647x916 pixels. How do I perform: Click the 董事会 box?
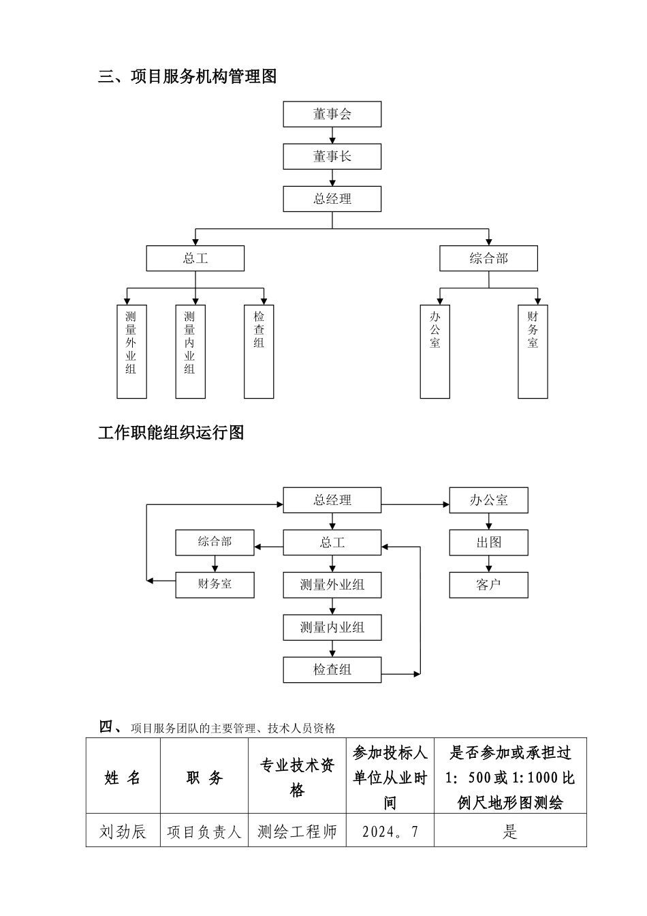[x=332, y=114]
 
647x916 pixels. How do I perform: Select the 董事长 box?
[x=332, y=157]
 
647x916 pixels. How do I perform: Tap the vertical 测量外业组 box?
[x=131, y=351]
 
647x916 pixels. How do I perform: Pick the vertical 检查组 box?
[x=259, y=351]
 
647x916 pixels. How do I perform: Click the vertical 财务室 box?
[x=533, y=351]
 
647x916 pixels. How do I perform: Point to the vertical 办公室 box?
[x=435, y=351]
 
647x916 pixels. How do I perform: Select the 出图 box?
[x=488, y=543]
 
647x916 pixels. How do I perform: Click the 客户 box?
[x=488, y=585]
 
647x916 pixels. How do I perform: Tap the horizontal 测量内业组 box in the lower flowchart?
[x=332, y=627]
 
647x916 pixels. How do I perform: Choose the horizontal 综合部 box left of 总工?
[x=215, y=542]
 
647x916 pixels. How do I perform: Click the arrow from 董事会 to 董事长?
[x=332, y=136]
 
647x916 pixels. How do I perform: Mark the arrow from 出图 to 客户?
[x=488, y=564]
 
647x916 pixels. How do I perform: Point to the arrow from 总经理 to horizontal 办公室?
[x=415, y=505]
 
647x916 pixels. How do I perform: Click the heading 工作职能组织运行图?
[x=171, y=433]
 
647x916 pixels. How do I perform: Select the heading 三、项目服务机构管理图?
[x=187, y=77]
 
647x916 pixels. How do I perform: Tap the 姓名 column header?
[x=123, y=777]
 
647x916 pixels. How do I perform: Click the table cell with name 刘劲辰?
[x=123, y=831]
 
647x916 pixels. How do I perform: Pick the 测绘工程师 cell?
[x=297, y=831]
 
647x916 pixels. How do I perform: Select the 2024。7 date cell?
[x=390, y=831]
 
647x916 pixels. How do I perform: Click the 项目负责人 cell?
[x=204, y=831]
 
